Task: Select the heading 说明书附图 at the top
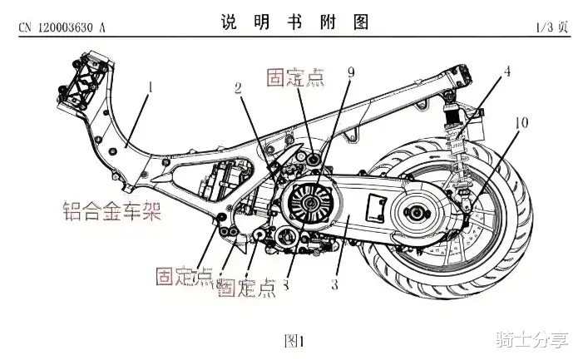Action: tap(294, 23)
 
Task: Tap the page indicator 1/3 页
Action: tap(551, 27)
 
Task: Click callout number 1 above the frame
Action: tap(151, 86)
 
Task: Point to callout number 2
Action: tap(238, 87)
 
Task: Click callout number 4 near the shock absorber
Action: tap(506, 72)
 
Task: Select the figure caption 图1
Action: tap(294, 339)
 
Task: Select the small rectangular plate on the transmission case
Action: tap(377, 205)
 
